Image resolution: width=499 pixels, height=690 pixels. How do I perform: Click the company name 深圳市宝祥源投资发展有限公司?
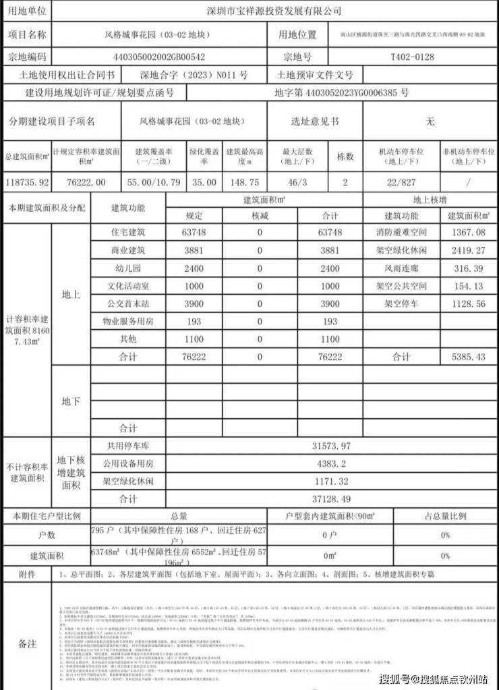pos(273,11)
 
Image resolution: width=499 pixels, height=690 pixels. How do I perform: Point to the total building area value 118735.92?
pos(26,182)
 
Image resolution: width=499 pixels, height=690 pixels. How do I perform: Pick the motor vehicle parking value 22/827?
pos(401,182)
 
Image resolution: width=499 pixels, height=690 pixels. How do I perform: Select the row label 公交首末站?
pos(127,304)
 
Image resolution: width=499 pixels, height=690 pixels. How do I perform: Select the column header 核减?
pos(260,216)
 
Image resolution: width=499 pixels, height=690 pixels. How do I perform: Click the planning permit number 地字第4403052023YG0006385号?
pos(341,93)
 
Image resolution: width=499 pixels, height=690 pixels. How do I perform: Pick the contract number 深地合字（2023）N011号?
pos(194,75)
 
